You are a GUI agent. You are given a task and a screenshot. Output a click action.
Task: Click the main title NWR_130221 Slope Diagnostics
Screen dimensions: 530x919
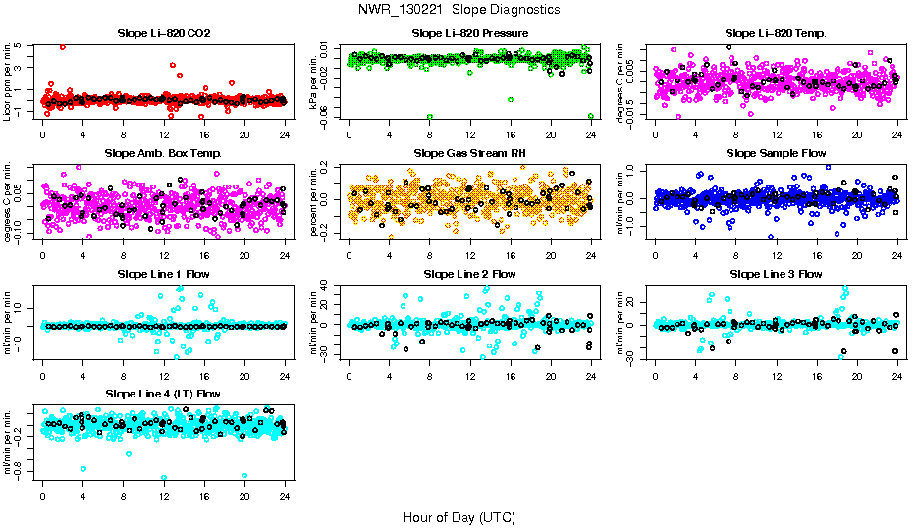pos(459,9)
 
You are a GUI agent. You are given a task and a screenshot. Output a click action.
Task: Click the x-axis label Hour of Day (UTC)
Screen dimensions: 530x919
pos(459,516)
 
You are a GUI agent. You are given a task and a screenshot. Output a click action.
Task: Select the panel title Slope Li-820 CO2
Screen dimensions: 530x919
pos(163,33)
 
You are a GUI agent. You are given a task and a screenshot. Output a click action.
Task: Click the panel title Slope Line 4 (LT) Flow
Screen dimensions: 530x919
pos(163,394)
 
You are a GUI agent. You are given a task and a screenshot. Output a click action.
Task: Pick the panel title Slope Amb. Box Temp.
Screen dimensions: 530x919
pos(163,153)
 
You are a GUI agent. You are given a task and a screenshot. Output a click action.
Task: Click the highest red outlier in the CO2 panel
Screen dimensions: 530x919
pos(63,47)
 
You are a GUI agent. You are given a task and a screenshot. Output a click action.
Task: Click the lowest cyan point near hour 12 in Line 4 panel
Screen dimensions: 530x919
pos(163,478)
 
